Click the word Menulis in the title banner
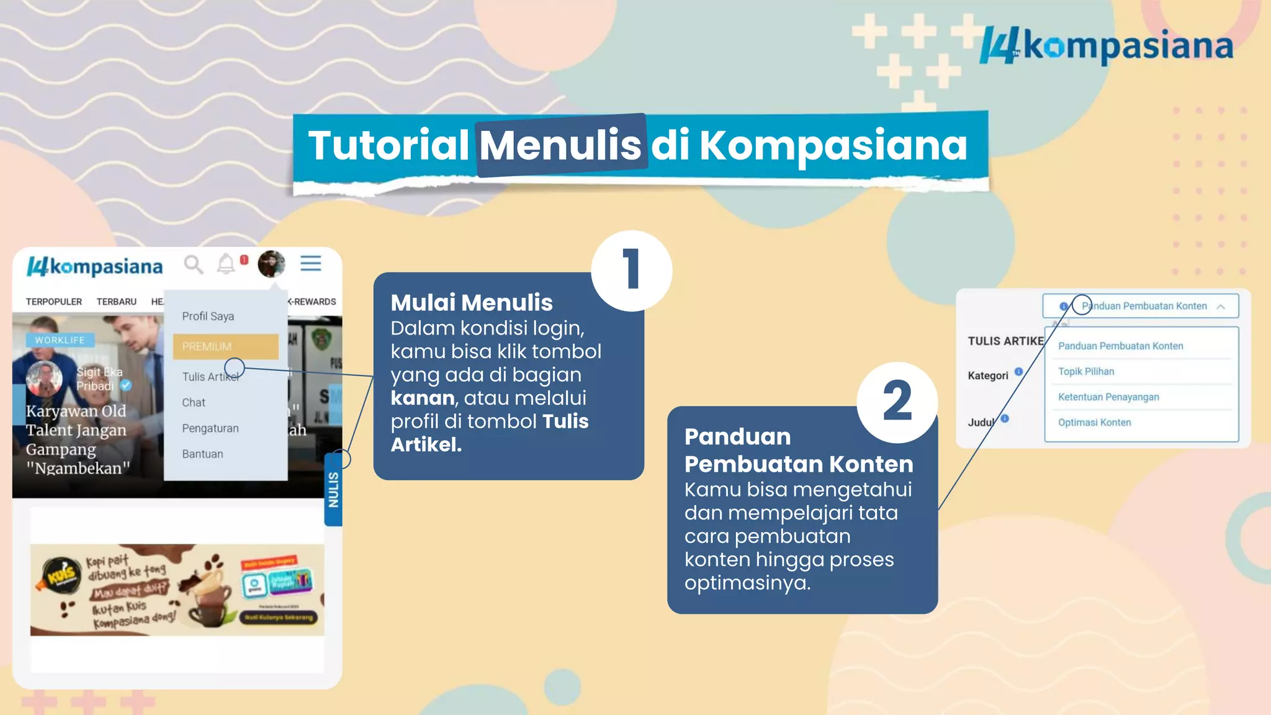(560, 145)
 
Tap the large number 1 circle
(631, 271)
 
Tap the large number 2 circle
(897, 402)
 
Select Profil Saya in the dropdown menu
(208, 317)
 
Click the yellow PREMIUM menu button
(225, 346)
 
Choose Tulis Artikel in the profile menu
(210, 377)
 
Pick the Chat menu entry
(194, 403)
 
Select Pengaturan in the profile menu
(210, 428)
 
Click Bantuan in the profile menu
(202, 454)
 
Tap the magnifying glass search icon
(193, 264)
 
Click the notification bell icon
(226, 264)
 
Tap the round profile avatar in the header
(271, 264)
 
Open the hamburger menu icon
(311, 263)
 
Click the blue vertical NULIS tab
(334, 490)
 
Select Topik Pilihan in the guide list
(1086, 372)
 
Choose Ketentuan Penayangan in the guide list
(1108, 397)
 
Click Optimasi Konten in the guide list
(1094, 423)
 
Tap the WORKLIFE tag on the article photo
(60, 340)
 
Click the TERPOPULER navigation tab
(54, 302)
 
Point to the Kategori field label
(988, 375)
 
